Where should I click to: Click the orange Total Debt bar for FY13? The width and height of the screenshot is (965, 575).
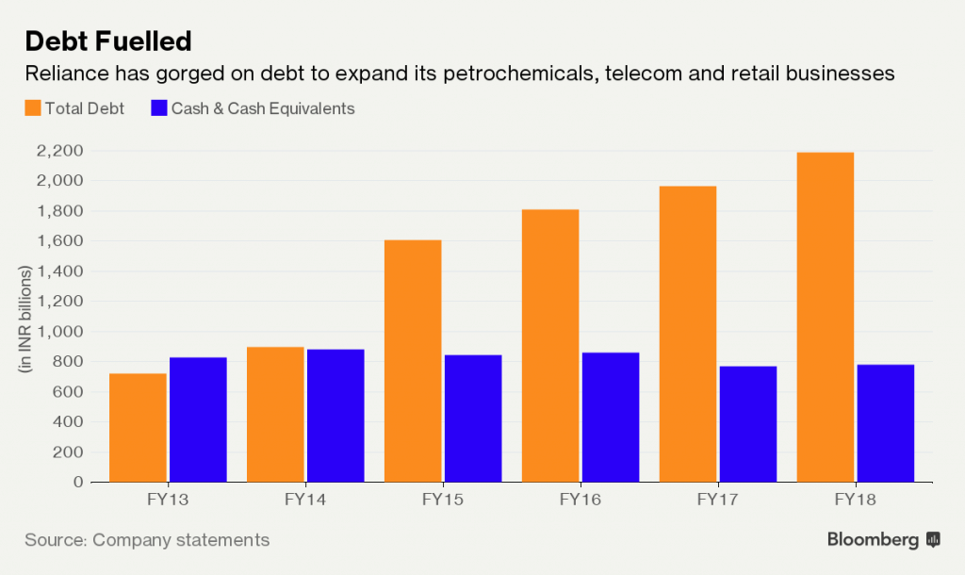coord(138,428)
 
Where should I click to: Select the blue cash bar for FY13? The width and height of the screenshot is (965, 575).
coord(198,419)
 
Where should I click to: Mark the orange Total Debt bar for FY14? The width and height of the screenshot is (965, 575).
coord(275,415)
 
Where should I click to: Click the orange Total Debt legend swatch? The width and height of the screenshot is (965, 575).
coord(33,108)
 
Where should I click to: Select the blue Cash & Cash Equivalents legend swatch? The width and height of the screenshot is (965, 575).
coord(158,108)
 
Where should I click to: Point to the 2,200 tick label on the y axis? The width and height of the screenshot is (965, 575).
coord(59,151)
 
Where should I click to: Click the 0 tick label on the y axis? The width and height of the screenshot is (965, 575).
coord(77,483)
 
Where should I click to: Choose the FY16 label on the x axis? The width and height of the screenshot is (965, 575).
coord(581,500)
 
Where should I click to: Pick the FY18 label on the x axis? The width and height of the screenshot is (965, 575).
coord(856,500)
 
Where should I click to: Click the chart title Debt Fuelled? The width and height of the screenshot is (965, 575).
coord(108,41)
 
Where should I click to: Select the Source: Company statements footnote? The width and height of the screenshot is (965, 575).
coord(147,540)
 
